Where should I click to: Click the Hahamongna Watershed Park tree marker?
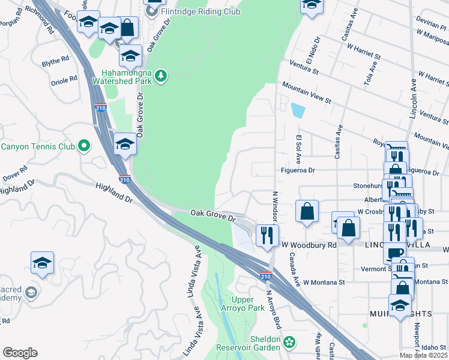pos(160,76)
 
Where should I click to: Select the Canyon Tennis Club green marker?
pos(84,146)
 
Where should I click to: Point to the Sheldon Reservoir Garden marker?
pos(289,342)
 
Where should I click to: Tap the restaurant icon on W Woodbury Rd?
pos(267,233)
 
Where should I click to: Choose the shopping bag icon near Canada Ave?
pos(307,211)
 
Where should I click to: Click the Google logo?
pos(19,353)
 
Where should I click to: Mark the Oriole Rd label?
pos(64,79)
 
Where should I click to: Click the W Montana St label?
pos(324,281)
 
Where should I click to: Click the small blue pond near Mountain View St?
pos(297,110)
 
